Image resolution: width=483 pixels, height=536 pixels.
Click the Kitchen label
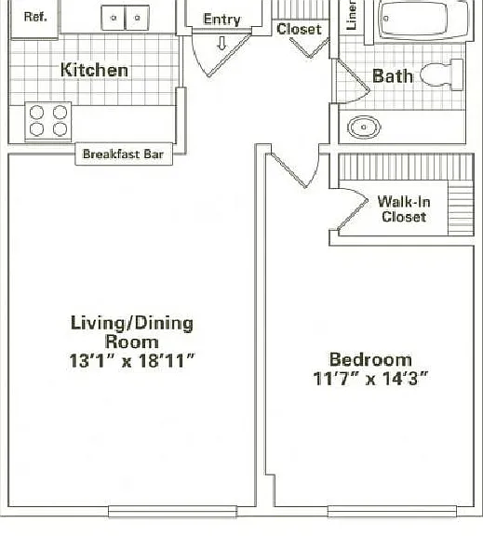(x=94, y=70)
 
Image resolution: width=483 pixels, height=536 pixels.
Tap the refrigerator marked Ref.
(x=35, y=18)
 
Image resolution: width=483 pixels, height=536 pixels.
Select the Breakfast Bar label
(x=124, y=154)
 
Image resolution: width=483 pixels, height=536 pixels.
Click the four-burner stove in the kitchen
(x=48, y=121)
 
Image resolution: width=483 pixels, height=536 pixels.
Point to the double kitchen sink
(x=126, y=18)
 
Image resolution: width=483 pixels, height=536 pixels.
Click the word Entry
(x=221, y=20)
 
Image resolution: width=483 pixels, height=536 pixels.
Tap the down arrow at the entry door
(x=221, y=44)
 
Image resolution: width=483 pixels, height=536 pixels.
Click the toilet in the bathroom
(x=442, y=74)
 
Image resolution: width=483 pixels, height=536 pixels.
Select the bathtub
(x=423, y=20)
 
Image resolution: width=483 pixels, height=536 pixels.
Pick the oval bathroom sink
(x=364, y=127)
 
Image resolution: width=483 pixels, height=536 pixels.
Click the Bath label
(x=393, y=76)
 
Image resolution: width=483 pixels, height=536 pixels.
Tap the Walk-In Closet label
(x=404, y=209)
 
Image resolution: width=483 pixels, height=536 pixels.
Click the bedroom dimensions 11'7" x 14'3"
(x=370, y=379)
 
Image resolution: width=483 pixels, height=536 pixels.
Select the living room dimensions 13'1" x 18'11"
(x=132, y=361)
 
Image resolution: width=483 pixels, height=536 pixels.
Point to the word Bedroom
(x=370, y=359)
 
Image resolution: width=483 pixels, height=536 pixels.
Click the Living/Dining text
(x=132, y=323)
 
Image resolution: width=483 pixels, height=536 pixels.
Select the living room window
(x=172, y=512)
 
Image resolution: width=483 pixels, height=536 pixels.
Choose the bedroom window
(x=392, y=512)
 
